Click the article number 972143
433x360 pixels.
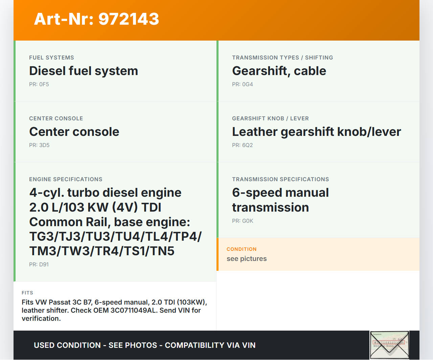[129, 19]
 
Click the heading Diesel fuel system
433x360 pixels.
[84, 71]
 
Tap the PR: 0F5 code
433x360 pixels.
[39, 85]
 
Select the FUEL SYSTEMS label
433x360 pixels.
[51, 57]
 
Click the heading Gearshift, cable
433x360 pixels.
[279, 71]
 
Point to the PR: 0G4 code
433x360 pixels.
[243, 85]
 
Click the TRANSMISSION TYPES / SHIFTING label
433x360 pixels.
[282, 57]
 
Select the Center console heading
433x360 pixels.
[74, 131]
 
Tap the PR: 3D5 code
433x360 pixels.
[39, 145]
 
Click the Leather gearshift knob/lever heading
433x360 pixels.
[316, 131]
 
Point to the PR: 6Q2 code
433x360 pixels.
[243, 145]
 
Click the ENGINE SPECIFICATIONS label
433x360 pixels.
[66, 179]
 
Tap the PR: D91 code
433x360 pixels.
[39, 264]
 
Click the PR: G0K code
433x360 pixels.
[243, 221]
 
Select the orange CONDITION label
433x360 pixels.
[242, 249]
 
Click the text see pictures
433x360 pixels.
[247, 259]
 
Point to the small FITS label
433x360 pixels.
[27, 293]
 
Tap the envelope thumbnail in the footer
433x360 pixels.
[389, 345]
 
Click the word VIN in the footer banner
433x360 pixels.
[249, 345]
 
